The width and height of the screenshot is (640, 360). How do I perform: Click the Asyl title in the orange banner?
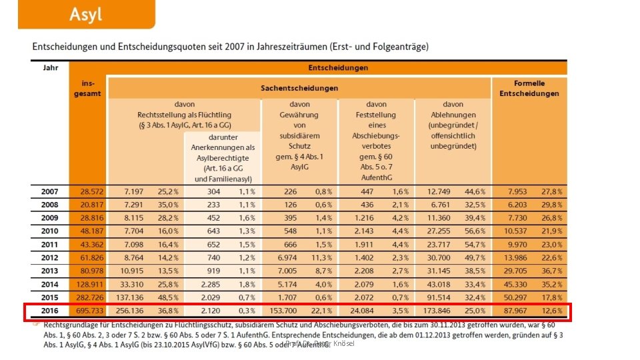[x=86, y=14]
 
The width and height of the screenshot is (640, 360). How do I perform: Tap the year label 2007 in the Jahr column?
[x=50, y=191]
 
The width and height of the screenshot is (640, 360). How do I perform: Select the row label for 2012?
[x=50, y=258]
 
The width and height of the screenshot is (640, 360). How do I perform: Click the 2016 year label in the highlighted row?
[x=50, y=311]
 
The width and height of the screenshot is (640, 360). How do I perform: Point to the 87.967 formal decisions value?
[x=513, y=311]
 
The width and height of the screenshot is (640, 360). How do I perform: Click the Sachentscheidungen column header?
[x=299, y=88]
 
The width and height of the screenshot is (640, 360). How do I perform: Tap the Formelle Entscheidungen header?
[x=529, y=88]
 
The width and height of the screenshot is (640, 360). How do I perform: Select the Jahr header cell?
[x=49, y=67]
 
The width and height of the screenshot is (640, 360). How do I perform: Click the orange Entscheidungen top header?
[x=337, y=67]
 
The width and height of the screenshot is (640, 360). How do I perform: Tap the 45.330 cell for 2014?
[x=513, y=285]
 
